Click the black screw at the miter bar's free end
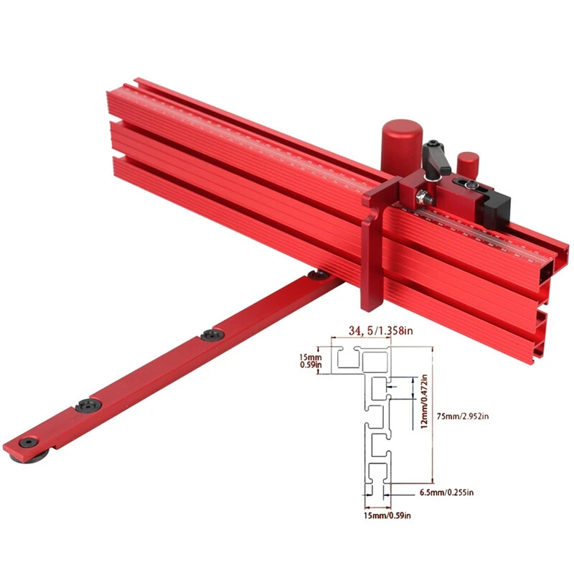tap(27, 443)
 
